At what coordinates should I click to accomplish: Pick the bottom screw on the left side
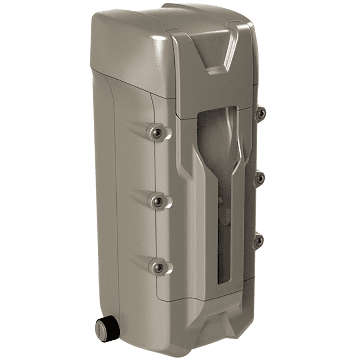158,265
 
